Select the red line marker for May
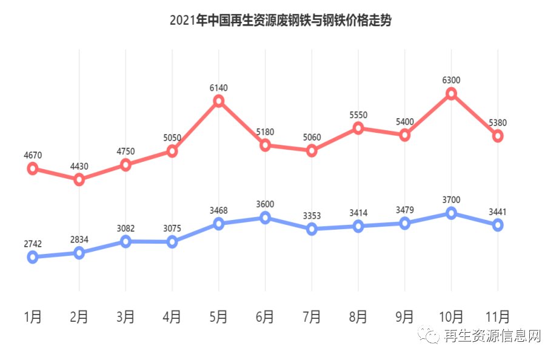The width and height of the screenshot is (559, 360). coord(219,101)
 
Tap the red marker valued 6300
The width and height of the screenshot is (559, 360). coord(451,93)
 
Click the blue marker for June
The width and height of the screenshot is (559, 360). coord(265,218)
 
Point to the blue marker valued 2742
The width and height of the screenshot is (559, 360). coord(33,258)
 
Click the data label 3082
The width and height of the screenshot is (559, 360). coord(126,228)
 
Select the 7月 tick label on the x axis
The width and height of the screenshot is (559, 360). coord(312,316)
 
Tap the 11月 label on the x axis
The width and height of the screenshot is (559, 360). coord(498,316)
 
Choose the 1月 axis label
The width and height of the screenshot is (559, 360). coord(33,316)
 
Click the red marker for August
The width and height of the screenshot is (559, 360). coord(358,128)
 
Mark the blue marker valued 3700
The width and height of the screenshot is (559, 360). coord(451,213)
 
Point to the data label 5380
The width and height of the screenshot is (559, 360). coord(498,123)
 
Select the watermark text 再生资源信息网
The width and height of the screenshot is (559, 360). coord(492,336)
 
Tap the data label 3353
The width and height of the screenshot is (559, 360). coord(312,216)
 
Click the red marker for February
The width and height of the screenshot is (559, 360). coord(79,179)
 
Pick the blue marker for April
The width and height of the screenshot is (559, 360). coord(172,242)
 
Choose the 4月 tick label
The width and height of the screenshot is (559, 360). coord(172,316)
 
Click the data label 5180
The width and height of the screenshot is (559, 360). coord(265,132)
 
